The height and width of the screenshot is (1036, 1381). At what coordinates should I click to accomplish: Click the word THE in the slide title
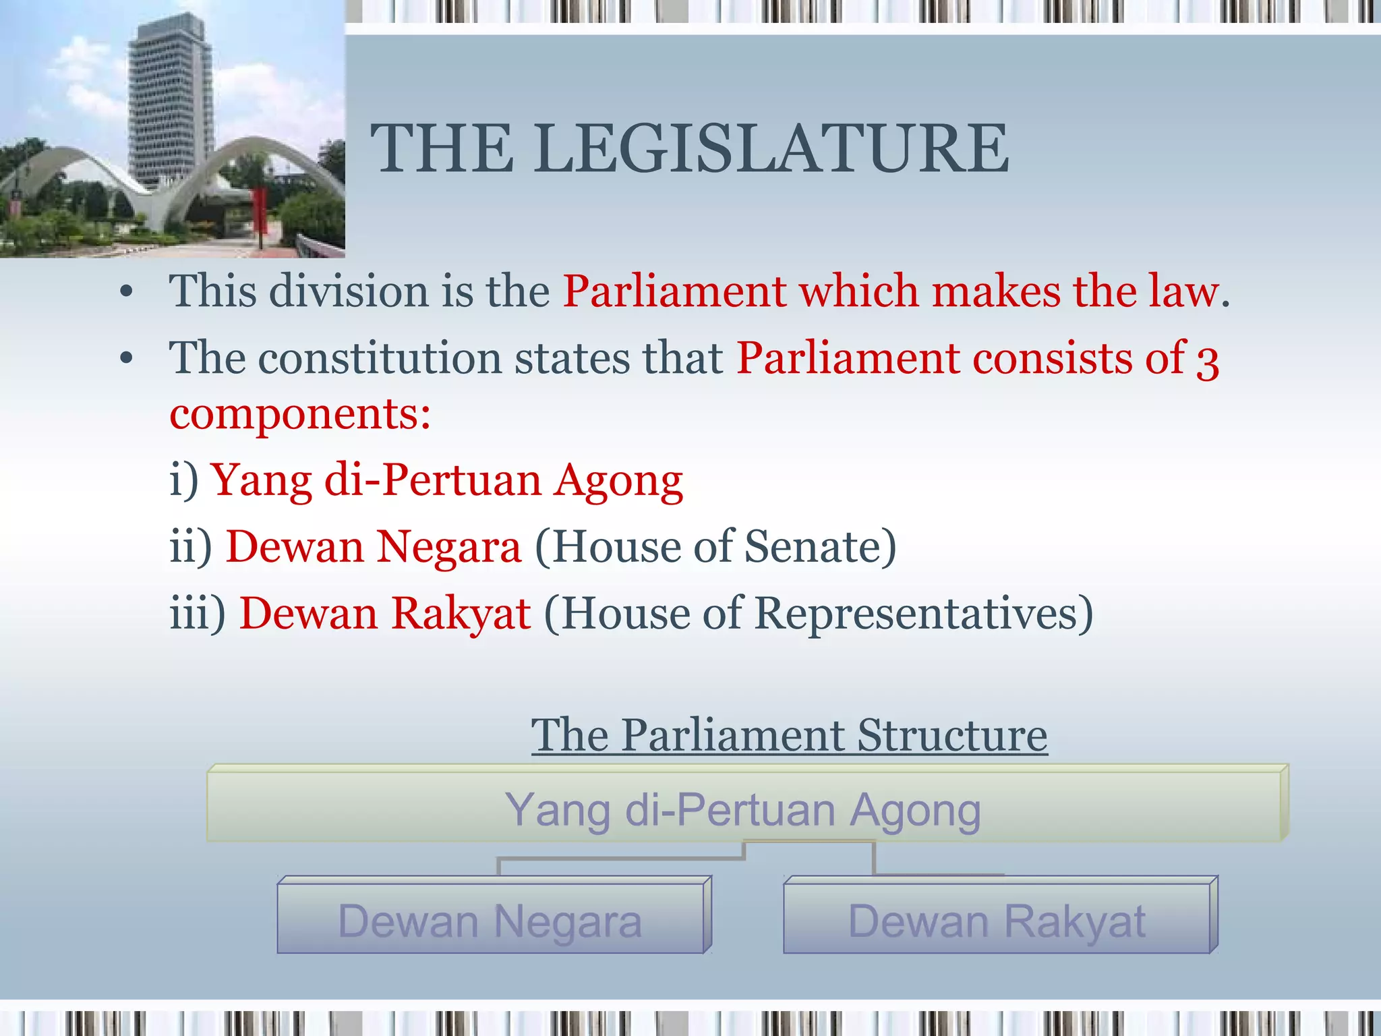pos(442,149)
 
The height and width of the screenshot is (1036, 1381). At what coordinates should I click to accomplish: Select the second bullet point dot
pos(126,359)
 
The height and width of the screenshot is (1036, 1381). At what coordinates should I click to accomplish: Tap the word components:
pos(300,414)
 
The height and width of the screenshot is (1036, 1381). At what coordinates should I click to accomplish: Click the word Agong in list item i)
pos(618,481)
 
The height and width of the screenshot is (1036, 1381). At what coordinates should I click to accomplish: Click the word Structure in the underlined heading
pos(951,735)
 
